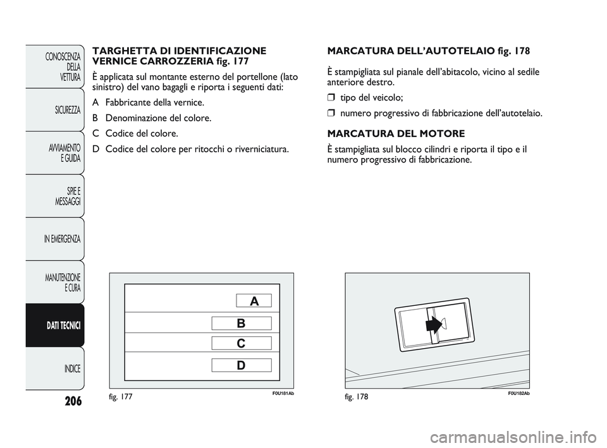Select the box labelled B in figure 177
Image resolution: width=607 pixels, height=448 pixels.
(x=241, y=324)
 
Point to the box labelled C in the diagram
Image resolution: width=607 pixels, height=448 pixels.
(x=241, y=343)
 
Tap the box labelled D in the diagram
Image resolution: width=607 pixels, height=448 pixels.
(x=241, y=365)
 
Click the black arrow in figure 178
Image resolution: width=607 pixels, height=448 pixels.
(x=433, y=325)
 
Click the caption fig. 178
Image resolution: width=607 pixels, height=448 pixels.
(x=357, y=396)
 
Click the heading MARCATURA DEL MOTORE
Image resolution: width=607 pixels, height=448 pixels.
(x=396, y=134)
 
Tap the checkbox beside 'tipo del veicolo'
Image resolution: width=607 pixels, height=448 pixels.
(x=331, y=98)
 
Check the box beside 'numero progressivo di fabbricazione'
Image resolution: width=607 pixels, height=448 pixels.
(x=331, y=114)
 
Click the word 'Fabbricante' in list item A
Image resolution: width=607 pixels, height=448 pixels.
(x=131, y=102)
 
